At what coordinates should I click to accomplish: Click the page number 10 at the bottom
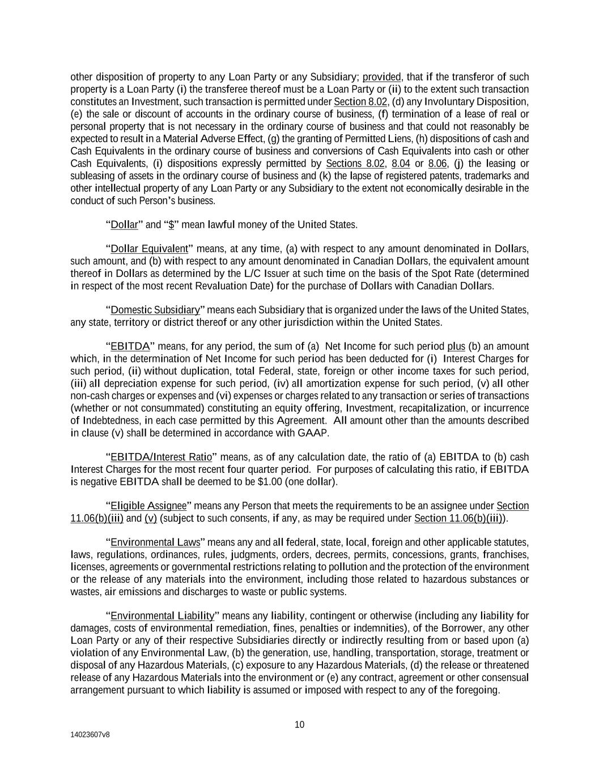(299, 725)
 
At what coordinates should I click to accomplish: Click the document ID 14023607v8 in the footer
(90, 734)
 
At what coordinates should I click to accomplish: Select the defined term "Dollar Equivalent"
(149, 249)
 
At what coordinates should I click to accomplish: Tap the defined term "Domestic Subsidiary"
(155, 310)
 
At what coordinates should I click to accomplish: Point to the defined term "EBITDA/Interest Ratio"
(161, 457)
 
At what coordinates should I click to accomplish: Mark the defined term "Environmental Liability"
(162, 616)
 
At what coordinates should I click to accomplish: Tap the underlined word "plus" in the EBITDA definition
(456, 346)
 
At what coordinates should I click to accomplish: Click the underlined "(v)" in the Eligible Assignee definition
(150, 518)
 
